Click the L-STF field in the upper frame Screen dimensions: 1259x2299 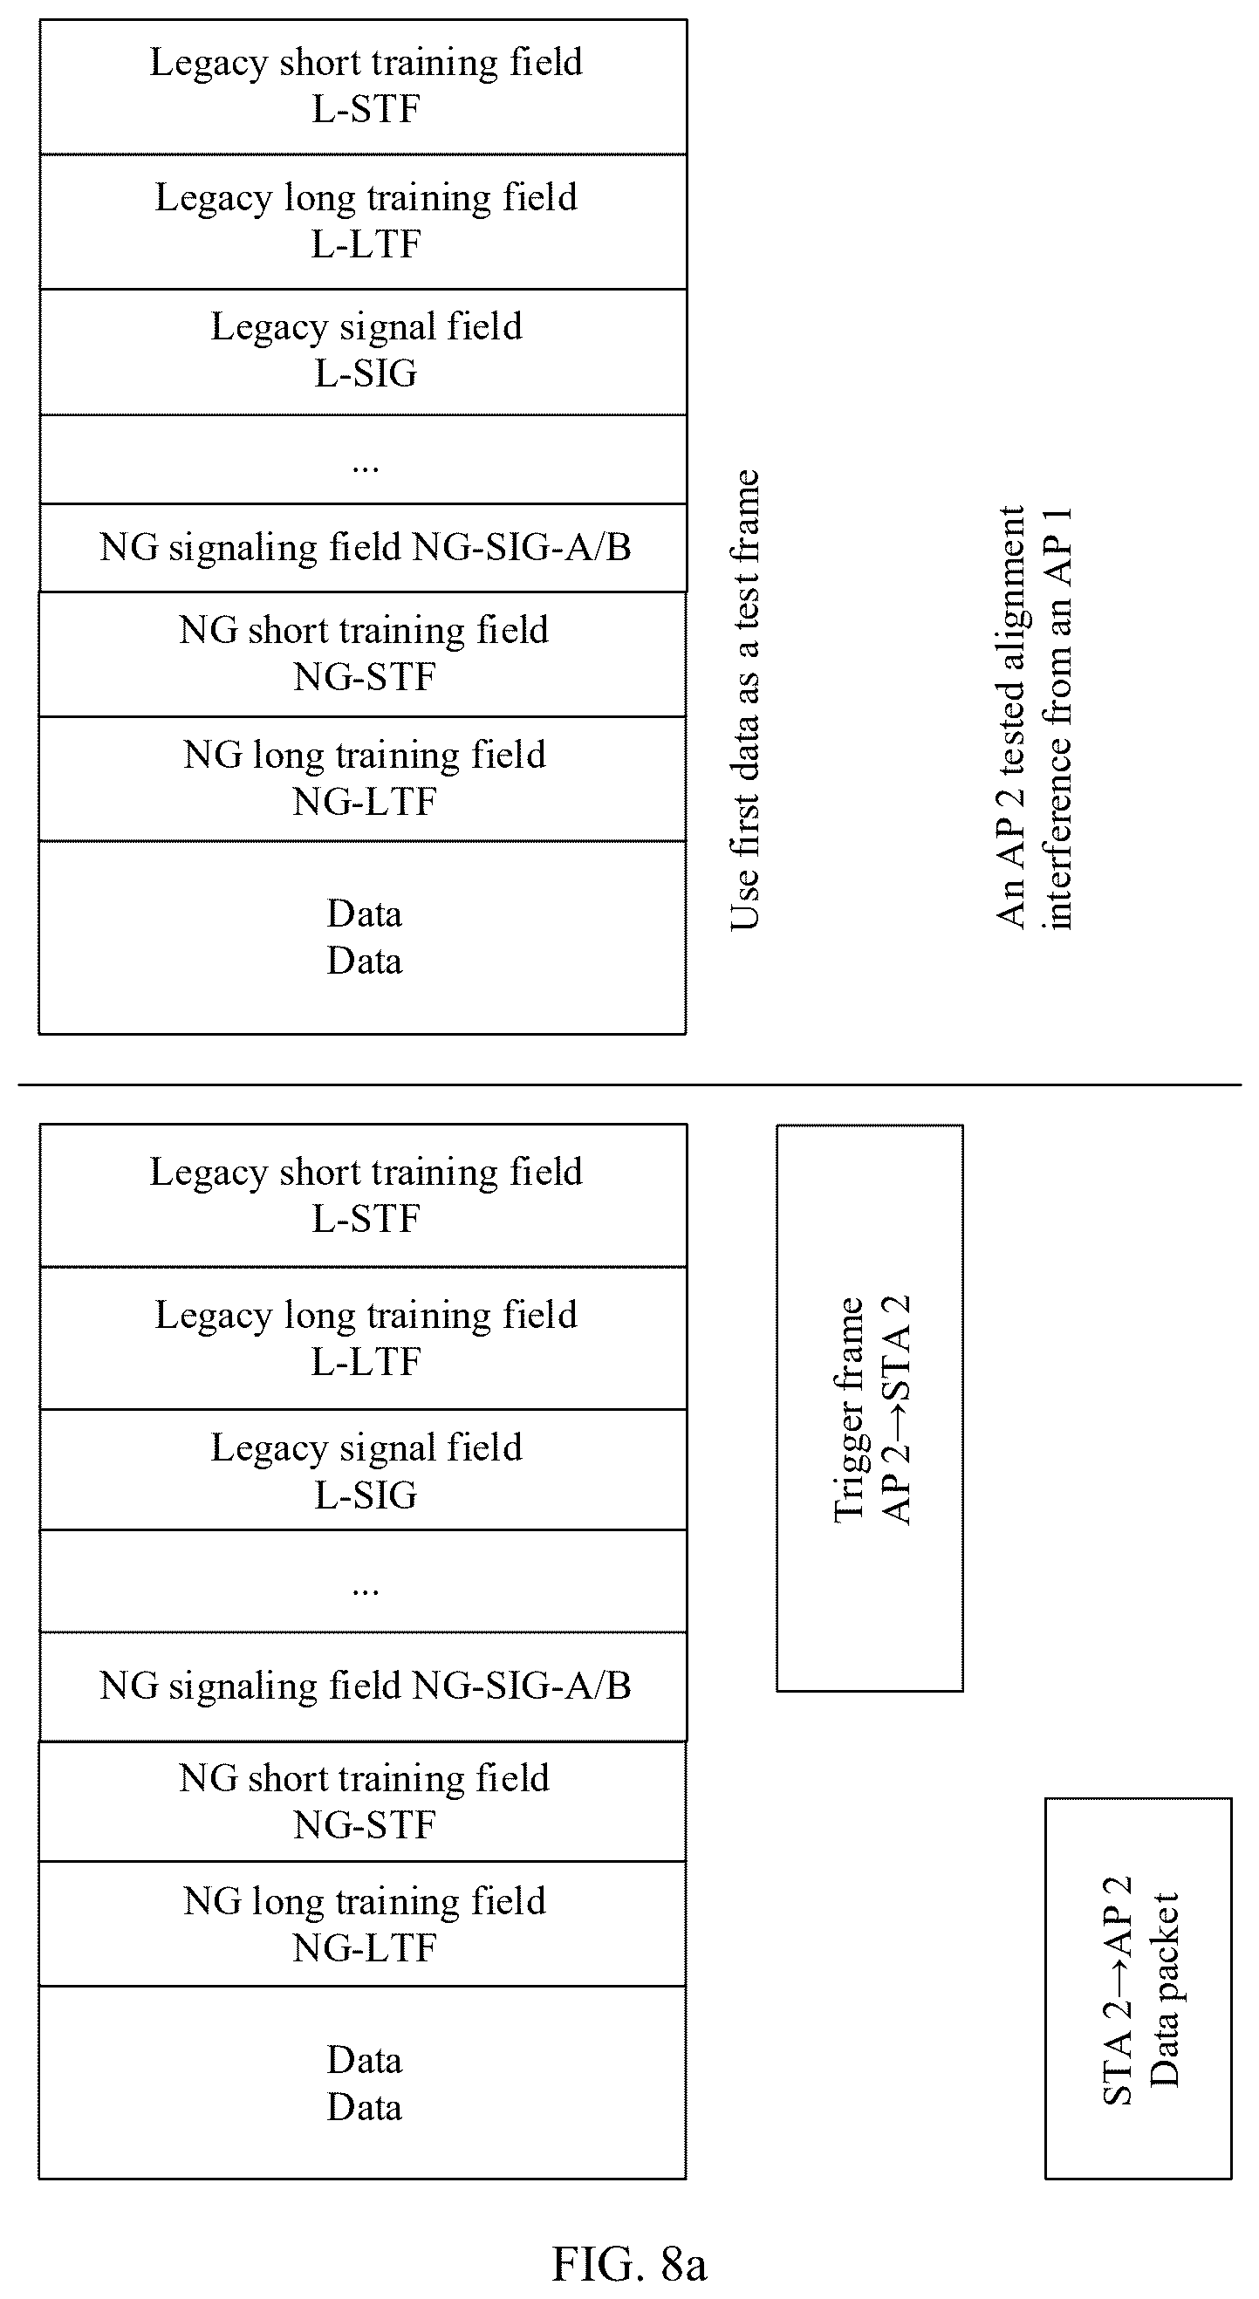363,86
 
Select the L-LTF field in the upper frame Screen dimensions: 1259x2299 363,222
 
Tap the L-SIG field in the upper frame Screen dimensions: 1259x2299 363,352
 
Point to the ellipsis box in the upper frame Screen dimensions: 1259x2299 363,460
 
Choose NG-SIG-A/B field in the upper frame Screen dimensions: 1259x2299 363,548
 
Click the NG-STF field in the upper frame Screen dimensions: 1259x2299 363,654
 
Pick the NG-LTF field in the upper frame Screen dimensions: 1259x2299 363,779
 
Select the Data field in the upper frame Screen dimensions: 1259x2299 363,938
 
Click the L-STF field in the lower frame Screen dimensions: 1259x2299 363,1196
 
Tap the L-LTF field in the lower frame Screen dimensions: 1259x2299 363,1338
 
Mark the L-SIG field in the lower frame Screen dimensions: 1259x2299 363,1470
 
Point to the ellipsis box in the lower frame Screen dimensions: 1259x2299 363,1582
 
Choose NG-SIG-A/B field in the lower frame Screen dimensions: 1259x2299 363,1687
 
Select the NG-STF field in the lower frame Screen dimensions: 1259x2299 363,1801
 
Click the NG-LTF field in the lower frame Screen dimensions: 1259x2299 363,1924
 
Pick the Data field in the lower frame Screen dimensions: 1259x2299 363,2083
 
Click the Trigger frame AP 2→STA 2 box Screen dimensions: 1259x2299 870,1408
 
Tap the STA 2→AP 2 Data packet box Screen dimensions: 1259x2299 1139,1988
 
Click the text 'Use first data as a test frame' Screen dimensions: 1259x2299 745,701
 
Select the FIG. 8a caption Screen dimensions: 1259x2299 629,2264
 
